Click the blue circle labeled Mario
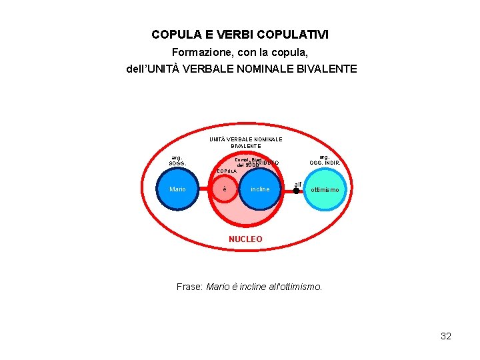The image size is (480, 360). click(x=178, y=189)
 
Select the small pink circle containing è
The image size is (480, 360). click(x=225, y=189)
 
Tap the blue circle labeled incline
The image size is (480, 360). click(x=260, y=189)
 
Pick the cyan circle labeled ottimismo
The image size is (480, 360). click(x=325, y=189)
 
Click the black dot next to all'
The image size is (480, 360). click(x=296, y=190)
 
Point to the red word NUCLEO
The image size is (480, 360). click(x=245, y=239)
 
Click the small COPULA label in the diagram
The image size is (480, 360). click(x=226, y=171)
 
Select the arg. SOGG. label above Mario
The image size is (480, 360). click(x=178, y=161)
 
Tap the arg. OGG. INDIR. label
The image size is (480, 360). click(x=325, y=160)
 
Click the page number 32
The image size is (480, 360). click(x=446, y=336)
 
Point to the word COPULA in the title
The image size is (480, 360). click(x=176, y=34)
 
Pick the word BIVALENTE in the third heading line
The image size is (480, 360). click(x=325, y=69)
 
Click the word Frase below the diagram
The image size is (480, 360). click(x=189, y=287)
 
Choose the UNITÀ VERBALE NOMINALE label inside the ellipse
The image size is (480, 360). click(x=245, y=139)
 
